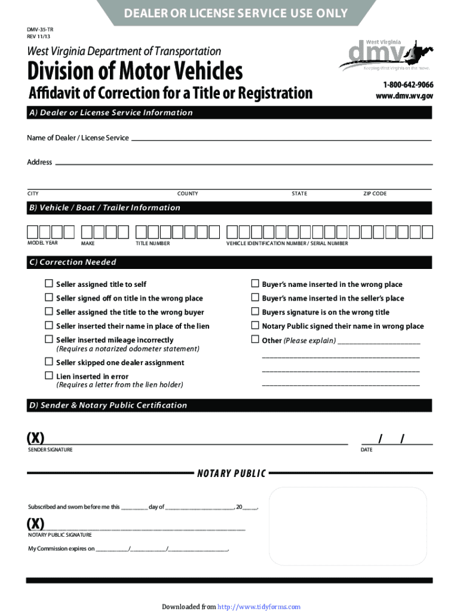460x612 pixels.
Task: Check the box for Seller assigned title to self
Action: point(49,284)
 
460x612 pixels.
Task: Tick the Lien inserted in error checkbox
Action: point(49,375)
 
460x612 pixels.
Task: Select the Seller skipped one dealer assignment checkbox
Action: point(49,362)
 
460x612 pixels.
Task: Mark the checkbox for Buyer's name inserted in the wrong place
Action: point(254,284)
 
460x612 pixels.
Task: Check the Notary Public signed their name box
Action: point(254,326)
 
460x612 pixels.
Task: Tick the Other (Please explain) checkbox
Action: point(254,340)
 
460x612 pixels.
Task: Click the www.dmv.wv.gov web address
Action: point(404,96)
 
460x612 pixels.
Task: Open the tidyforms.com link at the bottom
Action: point(259,607)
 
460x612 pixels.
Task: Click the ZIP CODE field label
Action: point(375,194)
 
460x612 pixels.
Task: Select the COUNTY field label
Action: point(188,194)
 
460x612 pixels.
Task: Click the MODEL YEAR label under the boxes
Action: point(43,243)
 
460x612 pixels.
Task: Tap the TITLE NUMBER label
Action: point(152,244)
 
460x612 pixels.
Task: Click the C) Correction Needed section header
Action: point(72,262)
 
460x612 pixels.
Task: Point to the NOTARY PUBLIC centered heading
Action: point(231,474)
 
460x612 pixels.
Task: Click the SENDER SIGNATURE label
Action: point(50,449)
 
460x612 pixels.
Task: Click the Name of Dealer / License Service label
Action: point(78,138)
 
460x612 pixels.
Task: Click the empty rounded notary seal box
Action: point(348,526)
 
